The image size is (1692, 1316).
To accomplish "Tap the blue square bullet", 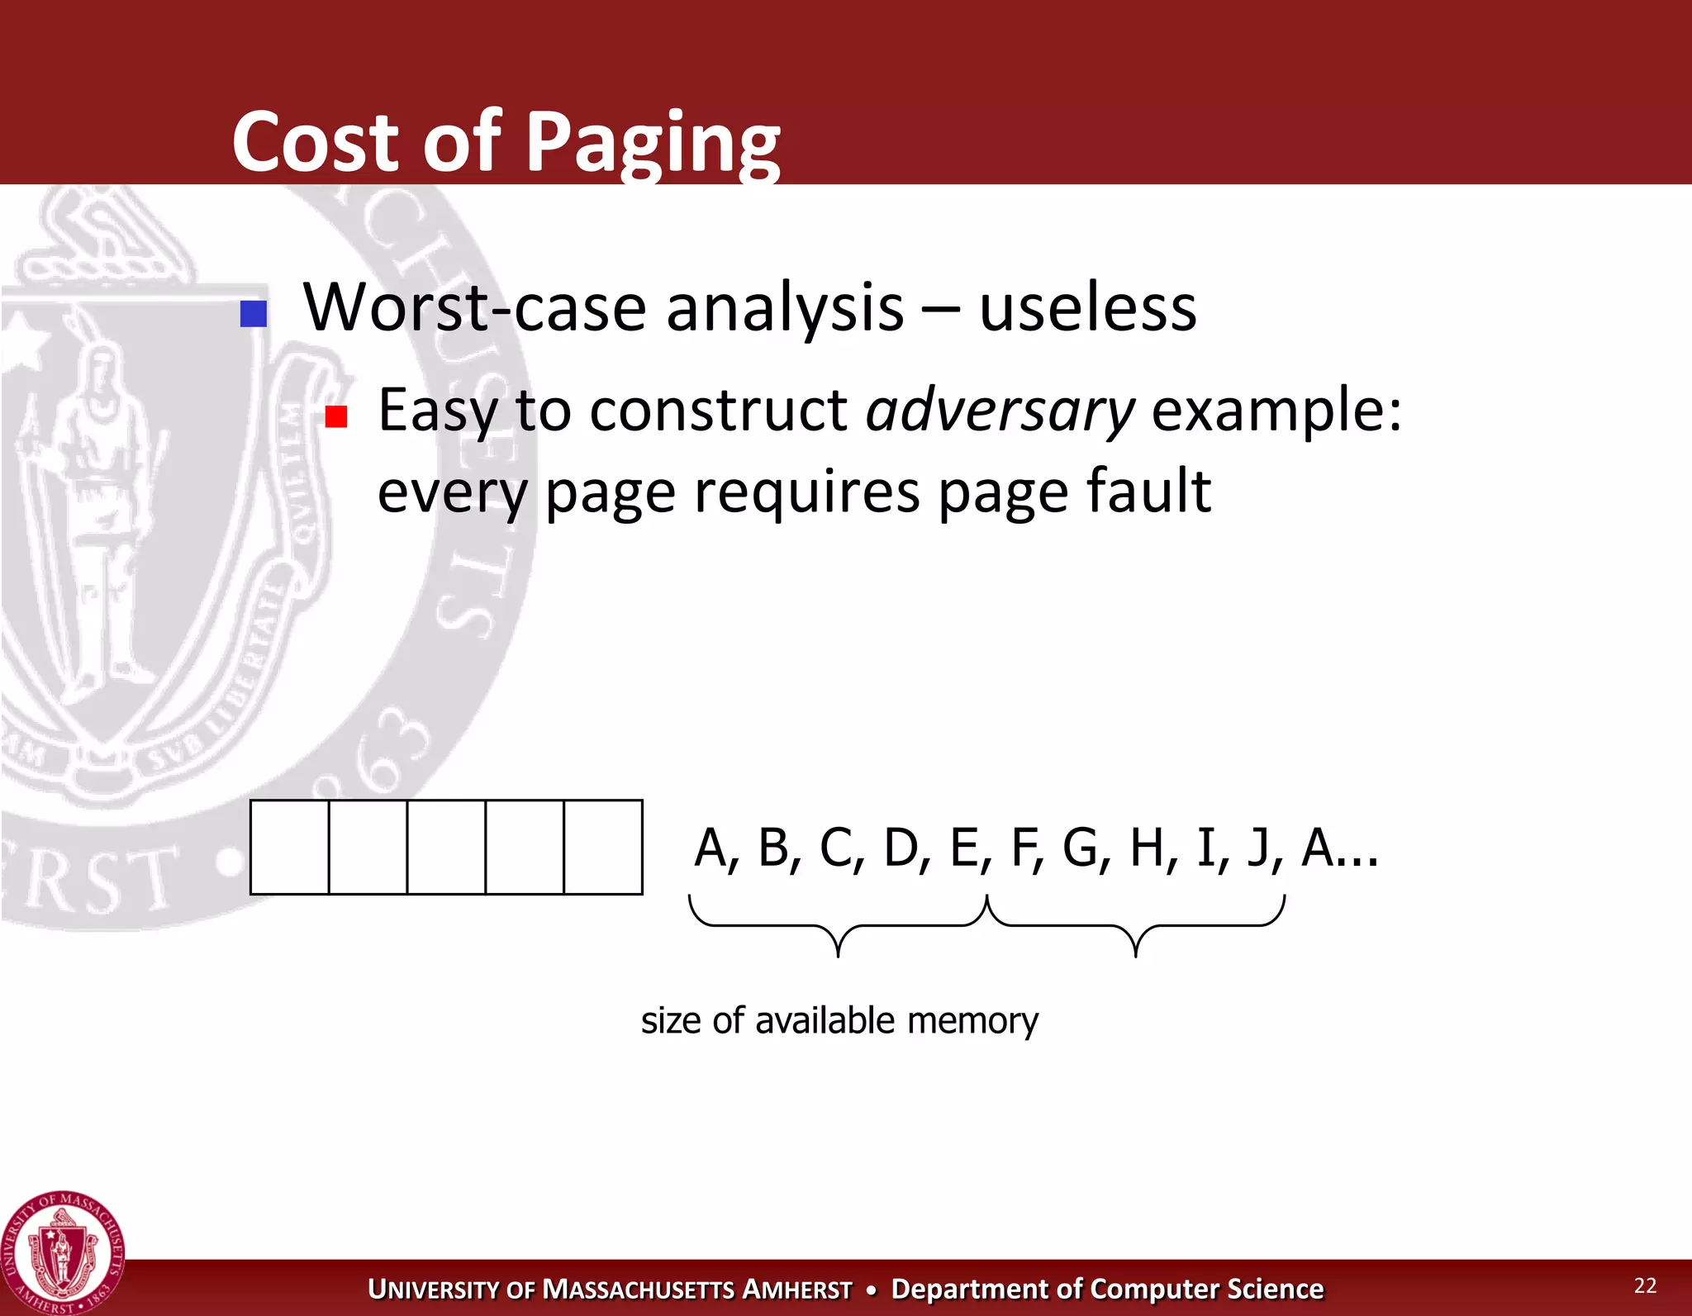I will (x=254, y=314).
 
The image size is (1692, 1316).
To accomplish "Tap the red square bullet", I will (x=336, y=416).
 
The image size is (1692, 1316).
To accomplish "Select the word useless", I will (x=1087, y=309).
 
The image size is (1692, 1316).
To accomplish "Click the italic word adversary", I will (x=1000, y=411).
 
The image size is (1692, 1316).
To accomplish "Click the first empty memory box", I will (x=290, y=847).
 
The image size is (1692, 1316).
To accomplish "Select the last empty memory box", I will (x=603, y=847).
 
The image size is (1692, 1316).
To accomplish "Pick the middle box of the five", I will (x=446, y=847).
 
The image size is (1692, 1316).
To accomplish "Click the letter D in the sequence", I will (x=901, y=848).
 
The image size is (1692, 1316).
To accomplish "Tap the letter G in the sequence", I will (x=1081, y=848).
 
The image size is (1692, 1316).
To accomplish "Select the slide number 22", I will (x=1645, y=1285).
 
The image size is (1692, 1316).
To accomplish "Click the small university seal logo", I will (x=63, y=1254).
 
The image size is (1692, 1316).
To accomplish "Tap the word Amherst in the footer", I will (x=796, y=1290).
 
